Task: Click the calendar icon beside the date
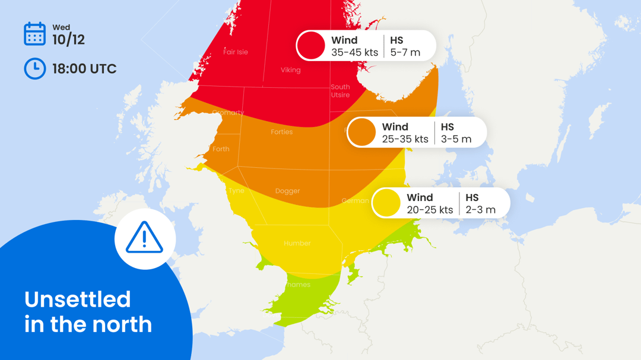point(34,34)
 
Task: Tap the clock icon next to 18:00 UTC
point(34,69)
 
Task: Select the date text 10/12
point(68,40)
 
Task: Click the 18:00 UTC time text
point(84,69)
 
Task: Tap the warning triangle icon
point(144,238)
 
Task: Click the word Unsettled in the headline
point(77,299)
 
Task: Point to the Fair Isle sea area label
point(236,52)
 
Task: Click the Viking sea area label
point(290,70)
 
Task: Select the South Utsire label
point(340,91)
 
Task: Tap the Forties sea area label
point(281,132)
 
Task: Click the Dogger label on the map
point(287,191)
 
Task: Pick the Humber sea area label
point(297,243)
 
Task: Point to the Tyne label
point(236,191)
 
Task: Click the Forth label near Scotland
point(220,149)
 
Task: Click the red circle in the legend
point(311,46)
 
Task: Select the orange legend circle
point(361,132)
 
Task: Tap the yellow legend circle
point(386,203)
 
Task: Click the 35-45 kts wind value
point(354,52)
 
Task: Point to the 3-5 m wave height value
point(456,139)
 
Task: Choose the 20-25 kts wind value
point(430,210)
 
